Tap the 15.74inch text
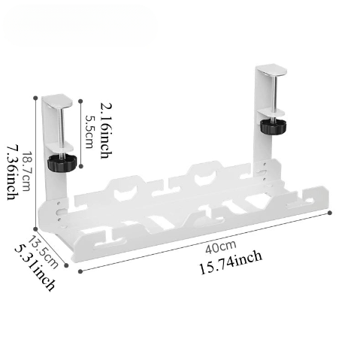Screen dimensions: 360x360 coord(231,262)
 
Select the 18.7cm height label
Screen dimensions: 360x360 coord(26,171)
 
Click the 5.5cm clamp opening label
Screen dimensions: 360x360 coord(89,132)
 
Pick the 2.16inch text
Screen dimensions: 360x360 coord(106,130)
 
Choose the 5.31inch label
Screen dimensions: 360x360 coord(35,268)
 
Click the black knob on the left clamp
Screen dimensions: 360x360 coord(62,163)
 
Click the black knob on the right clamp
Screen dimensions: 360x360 coord(274,126)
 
